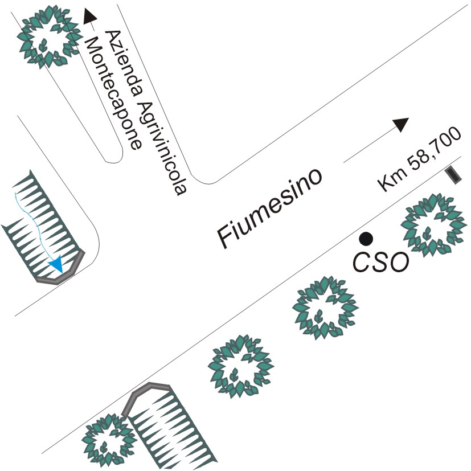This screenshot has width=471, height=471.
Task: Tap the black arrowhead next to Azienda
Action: click(89, 15)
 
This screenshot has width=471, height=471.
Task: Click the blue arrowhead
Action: click(56, 264)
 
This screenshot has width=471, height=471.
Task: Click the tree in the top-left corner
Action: click(47, 36)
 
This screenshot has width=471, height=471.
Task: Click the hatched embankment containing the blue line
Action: click(40, 228)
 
